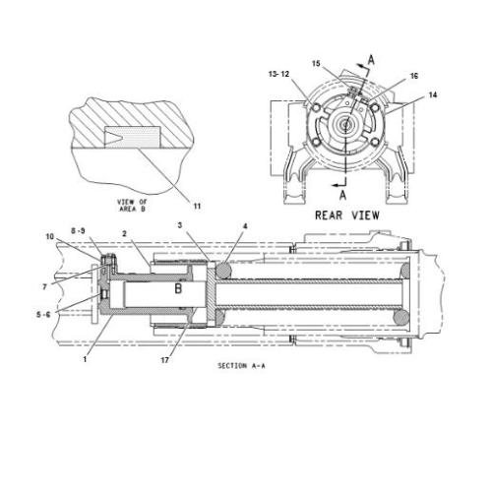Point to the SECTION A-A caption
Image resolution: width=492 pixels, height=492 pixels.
point(242,364)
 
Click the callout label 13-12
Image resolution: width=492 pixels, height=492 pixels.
point(279,73)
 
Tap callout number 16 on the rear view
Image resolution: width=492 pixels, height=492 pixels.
point(413,74)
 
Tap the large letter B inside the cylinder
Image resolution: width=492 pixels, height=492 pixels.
point(177,290)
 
